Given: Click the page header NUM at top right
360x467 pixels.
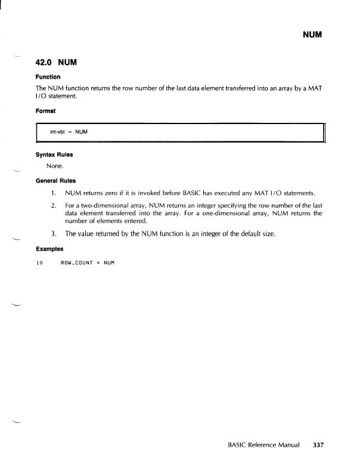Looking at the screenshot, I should click(x=312, y=35).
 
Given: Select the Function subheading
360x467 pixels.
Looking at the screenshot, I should click(x=49, y=76).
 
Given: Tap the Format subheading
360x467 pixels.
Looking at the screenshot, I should click(x=47, y=110).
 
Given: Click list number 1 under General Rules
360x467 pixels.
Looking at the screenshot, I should click(x=54, y=193).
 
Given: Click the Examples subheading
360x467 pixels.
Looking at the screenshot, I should click(x=50, y=249).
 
